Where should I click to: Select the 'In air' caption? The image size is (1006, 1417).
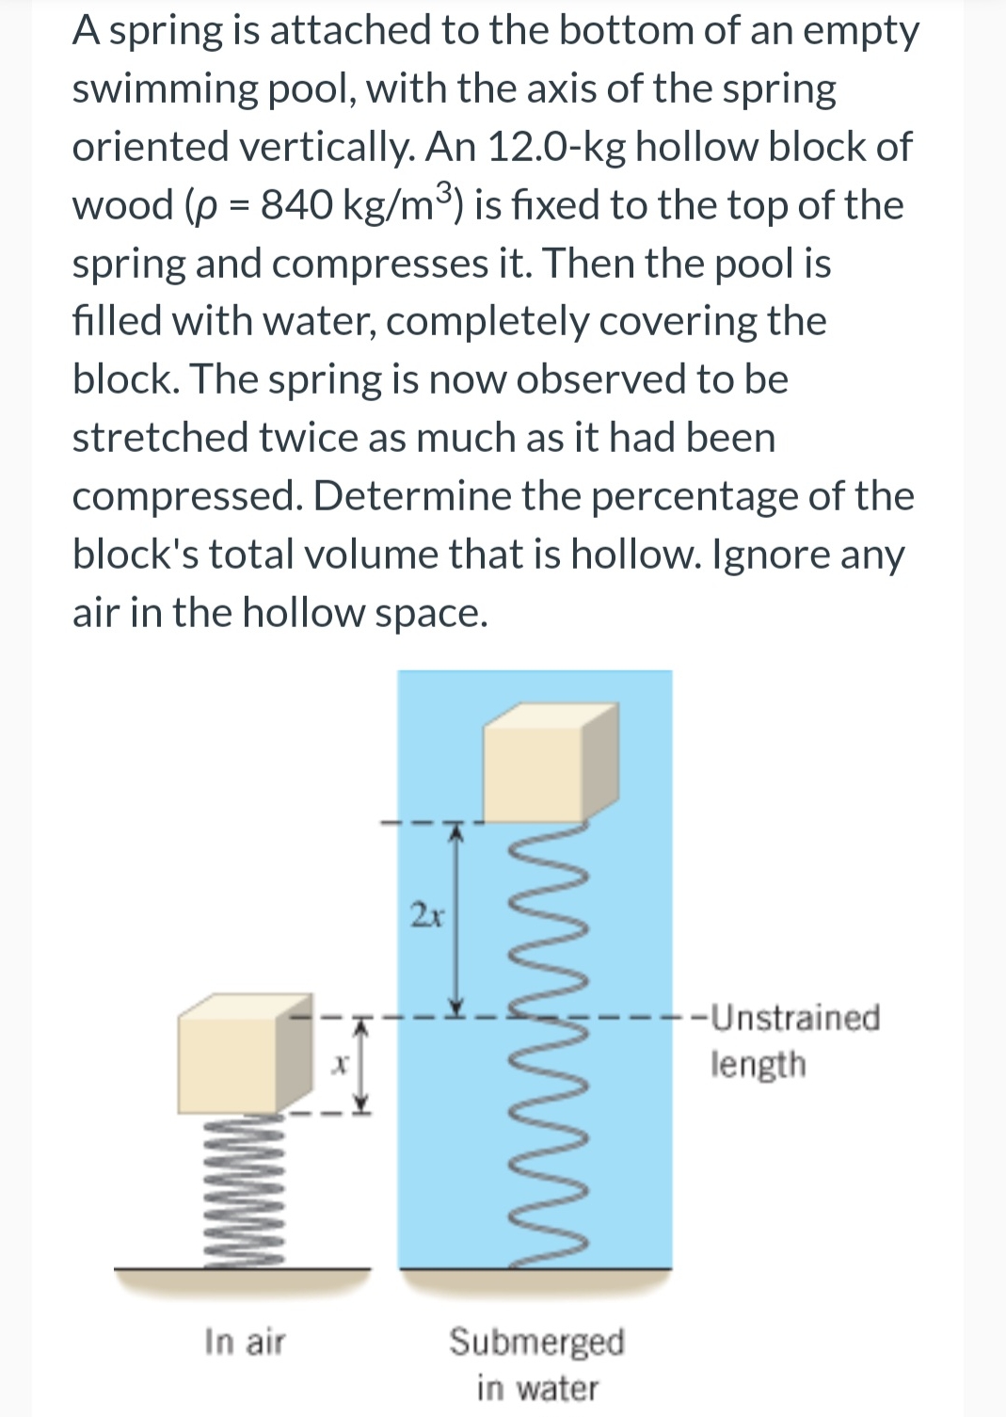click(x=245, y=1342)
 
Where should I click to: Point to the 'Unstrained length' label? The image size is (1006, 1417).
click(x=795, y=1040)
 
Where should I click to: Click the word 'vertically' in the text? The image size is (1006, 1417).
click(x=319, y=147)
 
